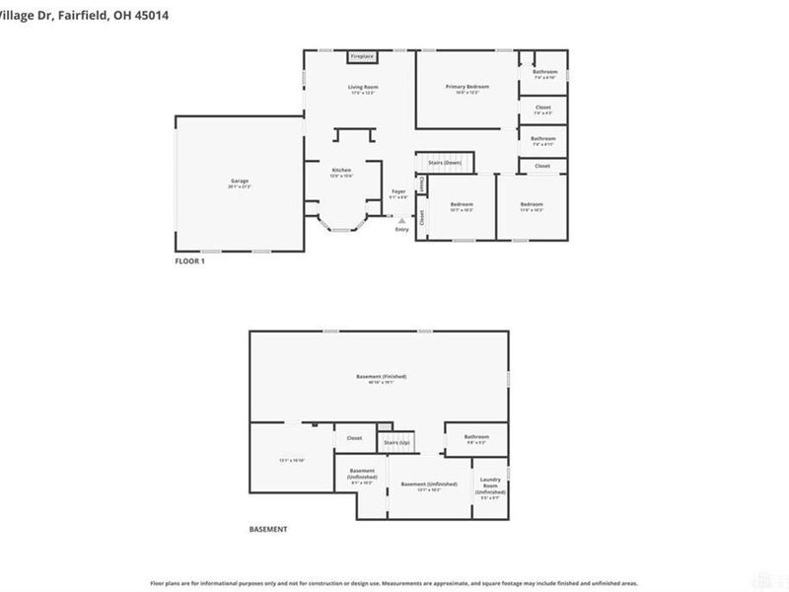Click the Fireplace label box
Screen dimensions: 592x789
362,56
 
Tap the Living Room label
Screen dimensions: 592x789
363,87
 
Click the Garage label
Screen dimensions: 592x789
239,182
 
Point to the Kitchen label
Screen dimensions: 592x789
341,171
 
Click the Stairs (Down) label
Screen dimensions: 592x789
445,162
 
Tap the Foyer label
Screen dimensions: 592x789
398,191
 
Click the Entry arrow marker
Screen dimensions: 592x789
401,218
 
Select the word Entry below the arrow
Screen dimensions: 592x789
401,229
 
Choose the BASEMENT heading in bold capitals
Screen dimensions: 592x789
268,530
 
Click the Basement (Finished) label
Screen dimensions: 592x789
381,376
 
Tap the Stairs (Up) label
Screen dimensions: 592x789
396,443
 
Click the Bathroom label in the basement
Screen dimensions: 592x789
476,436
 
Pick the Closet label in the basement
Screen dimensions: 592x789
354,438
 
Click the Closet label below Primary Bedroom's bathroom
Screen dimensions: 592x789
543,107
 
